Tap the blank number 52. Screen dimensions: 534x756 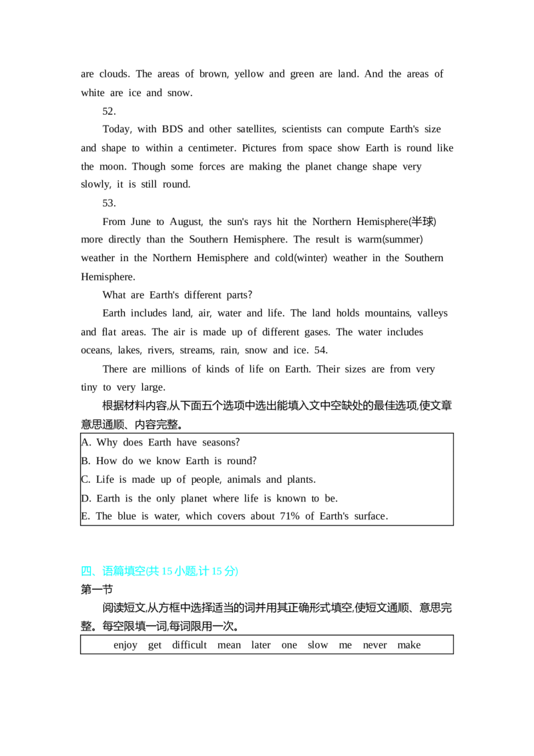pos(109,112)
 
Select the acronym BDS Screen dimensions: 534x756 pos(172,129)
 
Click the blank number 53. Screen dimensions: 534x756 pos(109,203)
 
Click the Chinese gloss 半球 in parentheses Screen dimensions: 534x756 pos(422,221)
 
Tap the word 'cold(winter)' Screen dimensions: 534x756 pos(301,258)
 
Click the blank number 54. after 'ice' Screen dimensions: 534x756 pos(321,351)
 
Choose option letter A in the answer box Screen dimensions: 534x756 pos(86,443)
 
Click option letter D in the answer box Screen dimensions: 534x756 pos(86,498)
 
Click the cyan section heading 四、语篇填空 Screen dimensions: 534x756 pos(113,571)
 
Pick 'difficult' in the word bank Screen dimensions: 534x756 pos(190,645)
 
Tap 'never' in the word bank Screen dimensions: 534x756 pos(375,645)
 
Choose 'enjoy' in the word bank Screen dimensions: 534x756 pos(125,646)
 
